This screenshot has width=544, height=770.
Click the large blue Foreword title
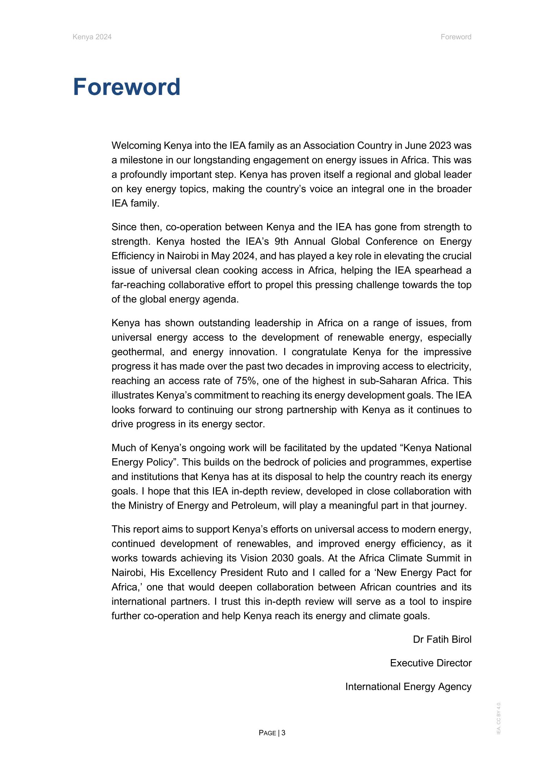[127, 87]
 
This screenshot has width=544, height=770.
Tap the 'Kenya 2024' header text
[92, 37]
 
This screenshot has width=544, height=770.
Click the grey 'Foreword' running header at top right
[456, 37]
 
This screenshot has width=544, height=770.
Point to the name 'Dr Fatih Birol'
[442, 639]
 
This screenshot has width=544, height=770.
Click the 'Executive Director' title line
[431, 663]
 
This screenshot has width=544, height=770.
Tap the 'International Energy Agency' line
[408, 686]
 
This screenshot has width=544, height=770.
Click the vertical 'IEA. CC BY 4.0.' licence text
[499, 718]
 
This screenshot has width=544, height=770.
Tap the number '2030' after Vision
[282, 558]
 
